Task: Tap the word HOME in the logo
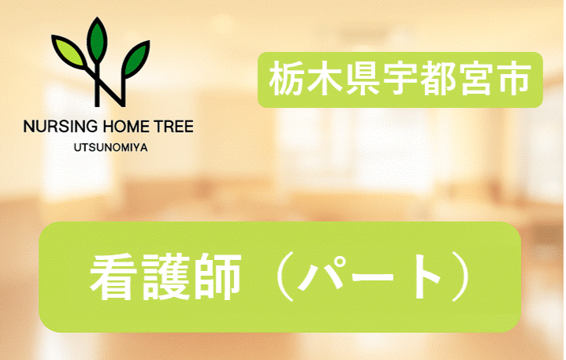(120, 126)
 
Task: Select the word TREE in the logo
(169, 126)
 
